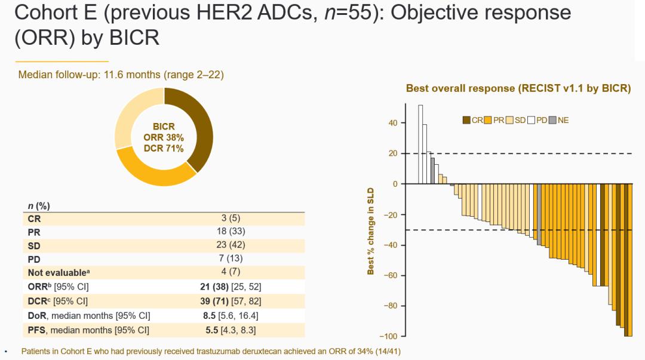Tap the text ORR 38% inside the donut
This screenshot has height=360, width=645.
[x=164, y=138]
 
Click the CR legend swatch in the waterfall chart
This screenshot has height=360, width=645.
[x=466, y=120]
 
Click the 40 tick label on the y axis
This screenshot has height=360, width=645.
[x=392, y=123]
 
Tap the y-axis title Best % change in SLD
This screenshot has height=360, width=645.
[x=371, y=231]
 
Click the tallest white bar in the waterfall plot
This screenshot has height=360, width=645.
[x=420, y=144]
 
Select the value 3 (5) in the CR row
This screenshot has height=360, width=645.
[x=231, y=219]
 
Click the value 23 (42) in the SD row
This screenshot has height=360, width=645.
[x=231, y=245]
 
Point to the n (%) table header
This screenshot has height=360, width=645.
[x=39, y=206]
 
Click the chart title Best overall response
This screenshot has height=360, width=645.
[x=518, y=88]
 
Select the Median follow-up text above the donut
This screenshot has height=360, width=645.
[x=121, y=75]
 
